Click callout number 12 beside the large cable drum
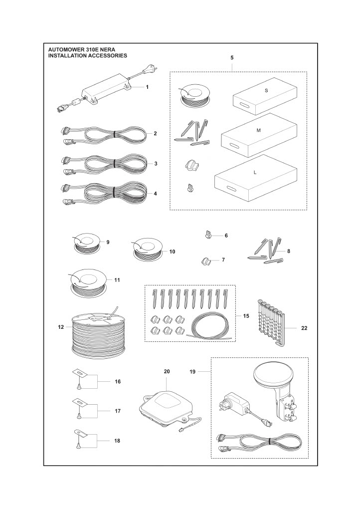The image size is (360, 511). [61, 327]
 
